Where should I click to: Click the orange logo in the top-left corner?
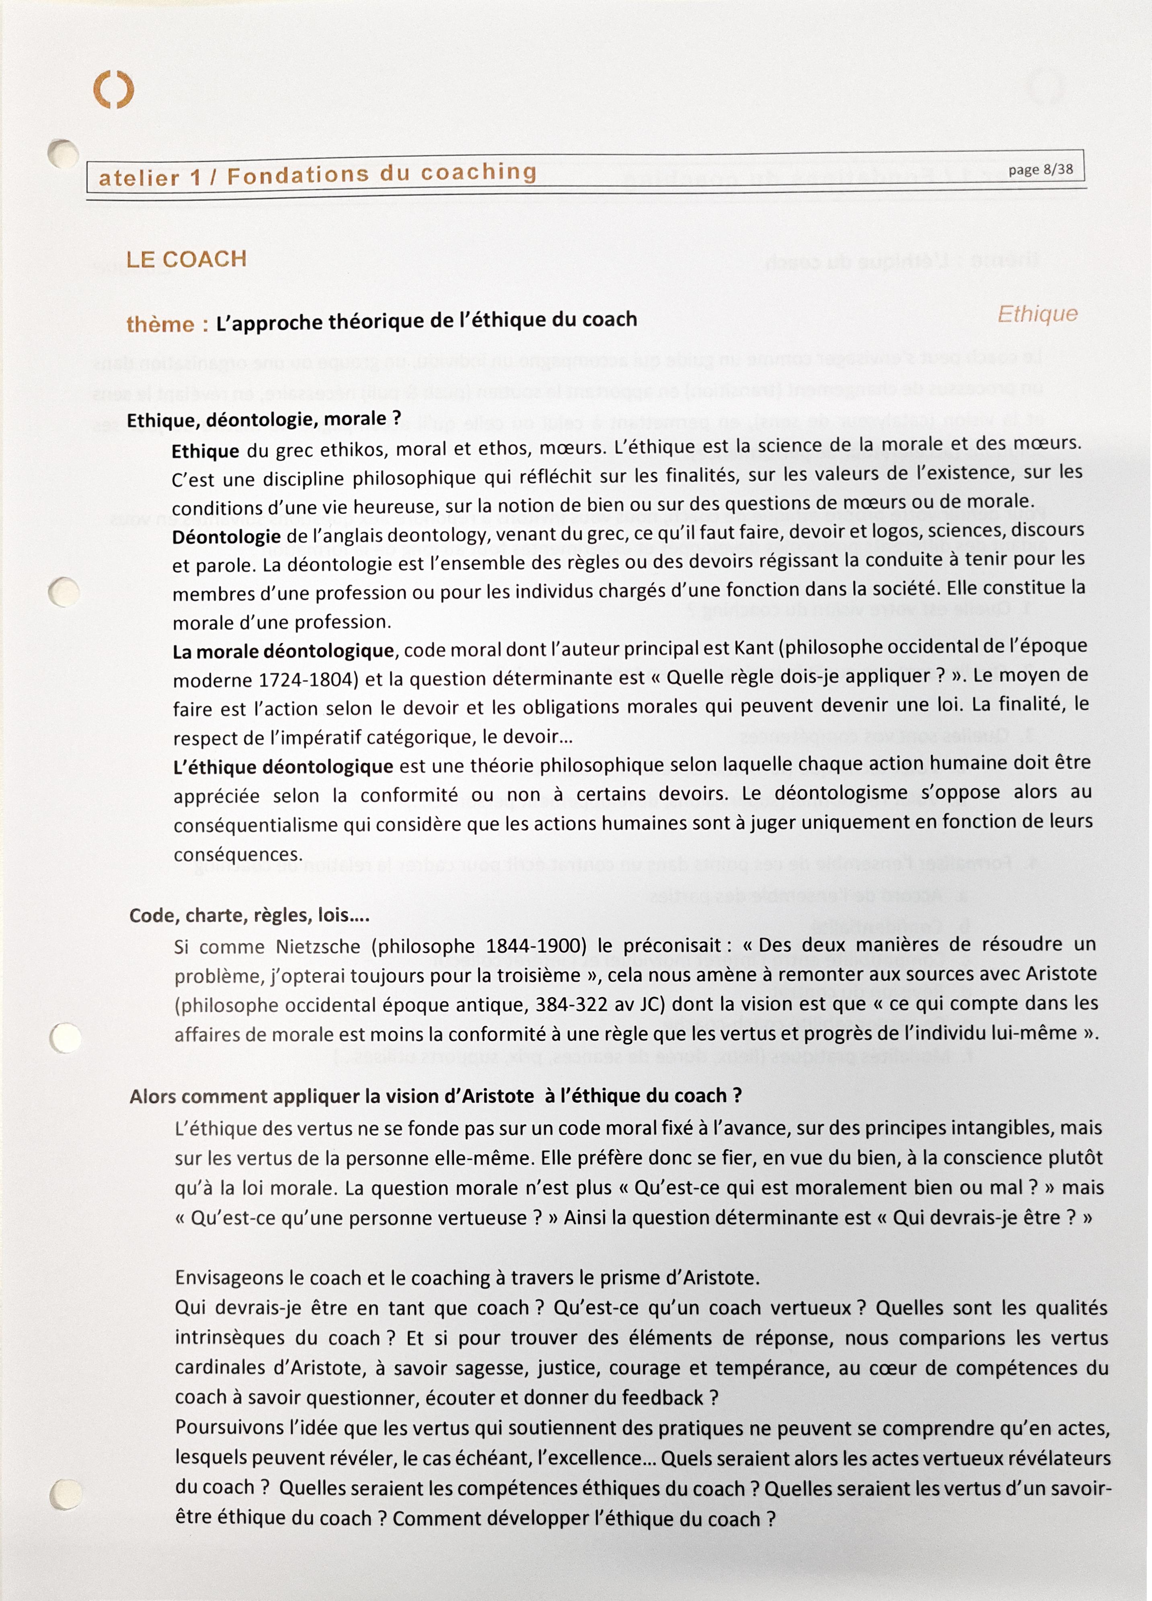114,91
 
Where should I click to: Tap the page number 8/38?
1041,169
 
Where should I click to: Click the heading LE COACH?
186,259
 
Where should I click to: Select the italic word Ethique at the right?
1037,314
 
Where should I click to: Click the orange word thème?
161,324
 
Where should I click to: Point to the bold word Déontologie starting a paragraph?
226,536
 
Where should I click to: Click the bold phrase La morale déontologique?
283,651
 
